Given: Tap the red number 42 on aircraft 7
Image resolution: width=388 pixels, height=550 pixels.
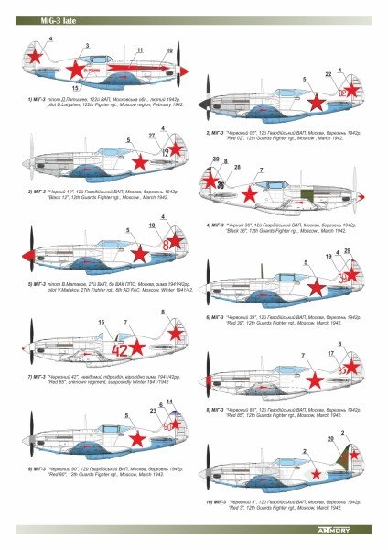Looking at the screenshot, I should (120, 348).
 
